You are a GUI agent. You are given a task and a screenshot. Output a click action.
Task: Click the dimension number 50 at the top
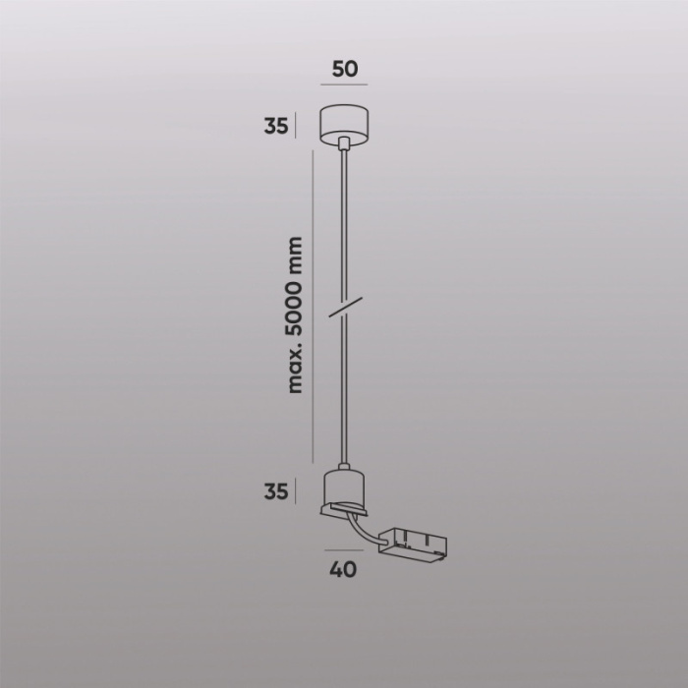coord(344,70)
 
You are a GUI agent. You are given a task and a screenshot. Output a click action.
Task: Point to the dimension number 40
coord(343,568)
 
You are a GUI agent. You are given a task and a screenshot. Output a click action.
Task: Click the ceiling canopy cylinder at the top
coord(344,123)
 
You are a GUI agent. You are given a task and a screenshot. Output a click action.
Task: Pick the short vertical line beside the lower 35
coord(296,489)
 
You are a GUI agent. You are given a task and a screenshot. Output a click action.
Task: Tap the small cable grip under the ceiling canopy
coord(344,144)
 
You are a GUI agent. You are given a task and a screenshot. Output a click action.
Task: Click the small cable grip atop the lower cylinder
coord(343,466)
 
